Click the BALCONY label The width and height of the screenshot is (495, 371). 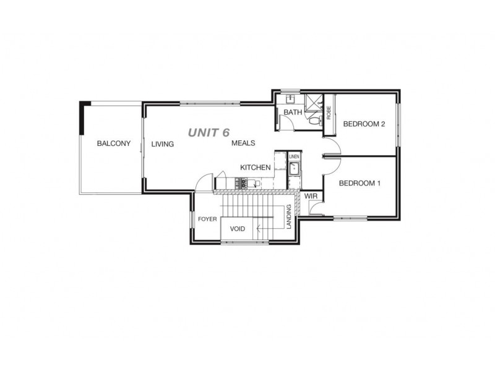pyautogui.click(x=114, y=144)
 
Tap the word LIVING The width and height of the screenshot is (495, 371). pyautogui.click(x=163, y=144)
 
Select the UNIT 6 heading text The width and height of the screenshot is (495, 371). pyautogui.click(x=209, y=132)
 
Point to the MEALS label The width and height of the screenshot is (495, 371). pyautogui.click(x=243, y=143)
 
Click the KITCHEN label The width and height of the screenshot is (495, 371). pyautogui.click(x=255, y=168)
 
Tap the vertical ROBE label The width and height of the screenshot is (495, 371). pyautogui.click(x=329, y=113)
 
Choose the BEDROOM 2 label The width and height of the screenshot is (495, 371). pyautogui.click(x=364, y=124)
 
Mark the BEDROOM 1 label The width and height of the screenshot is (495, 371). pyautogui.click(x=359, y=183)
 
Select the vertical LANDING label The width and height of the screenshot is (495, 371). pyautogui.click(x=289, y=217)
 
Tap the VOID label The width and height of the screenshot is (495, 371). pyautogui.click(x=237, y=229)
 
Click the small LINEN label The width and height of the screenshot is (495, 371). pyautogui.click(x=294, y=157)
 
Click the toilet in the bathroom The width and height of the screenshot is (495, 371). pyautogui.click(x=314, y=120)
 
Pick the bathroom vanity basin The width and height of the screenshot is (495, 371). pyautogui.click(x=290, y=99)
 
